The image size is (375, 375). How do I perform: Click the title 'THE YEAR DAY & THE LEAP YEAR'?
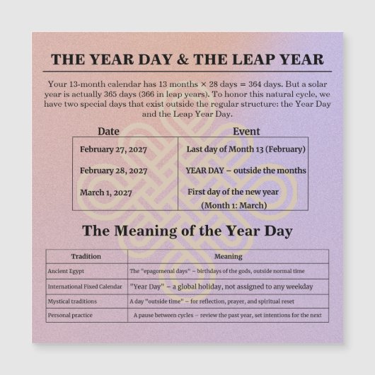click(x=187, y=59)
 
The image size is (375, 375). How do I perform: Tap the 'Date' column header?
click(x=108, y=132)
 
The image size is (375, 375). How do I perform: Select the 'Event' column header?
click(x=246, y=132)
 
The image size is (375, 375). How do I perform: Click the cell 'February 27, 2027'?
click(x=113, y=149)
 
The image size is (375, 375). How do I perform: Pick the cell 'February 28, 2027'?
click(x=113, y=171)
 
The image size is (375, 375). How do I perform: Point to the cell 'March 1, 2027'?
click(x=106, y=192)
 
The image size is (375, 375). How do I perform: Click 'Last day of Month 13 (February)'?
click(x=246, y=149)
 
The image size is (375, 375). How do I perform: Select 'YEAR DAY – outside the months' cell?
click(x=246, y=171)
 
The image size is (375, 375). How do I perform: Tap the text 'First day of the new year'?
click(x=233, y=192)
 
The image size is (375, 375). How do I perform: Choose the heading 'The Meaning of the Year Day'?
click(x=187, y=231)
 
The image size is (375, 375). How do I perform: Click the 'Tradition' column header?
click(x=86, y=256)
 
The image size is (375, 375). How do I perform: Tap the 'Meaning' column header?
click(x=228, y=256)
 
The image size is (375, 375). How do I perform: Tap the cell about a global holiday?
click(x=221, y=287)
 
